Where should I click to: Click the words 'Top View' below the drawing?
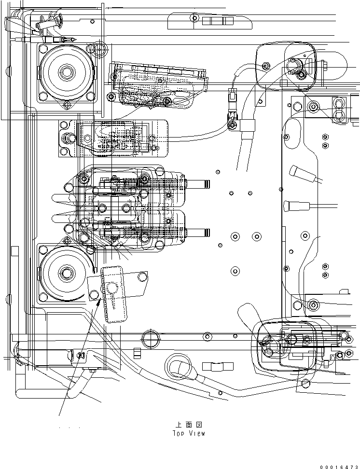pyautogui.click(x=189, y=433)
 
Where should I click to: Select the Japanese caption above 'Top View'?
pyautogui.click(x=189, y=425)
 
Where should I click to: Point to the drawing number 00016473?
pyautogui.click(x=339, y=467)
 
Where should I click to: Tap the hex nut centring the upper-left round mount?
pyautogui.click(x=66, y=72)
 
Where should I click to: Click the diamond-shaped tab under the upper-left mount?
pyautogui.click(x=67, y=105)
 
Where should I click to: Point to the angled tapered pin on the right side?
pyautogui.click(x=303, y=174)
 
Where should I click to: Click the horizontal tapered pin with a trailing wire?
pyautogui.click(x=296, y=206)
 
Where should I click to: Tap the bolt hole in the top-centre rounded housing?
pyautogui.click(x=195, y=18)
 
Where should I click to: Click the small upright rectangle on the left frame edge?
pyautogui.click(x=14, y=251)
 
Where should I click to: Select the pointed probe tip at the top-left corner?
pyautogui.click(x=72, y=40)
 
